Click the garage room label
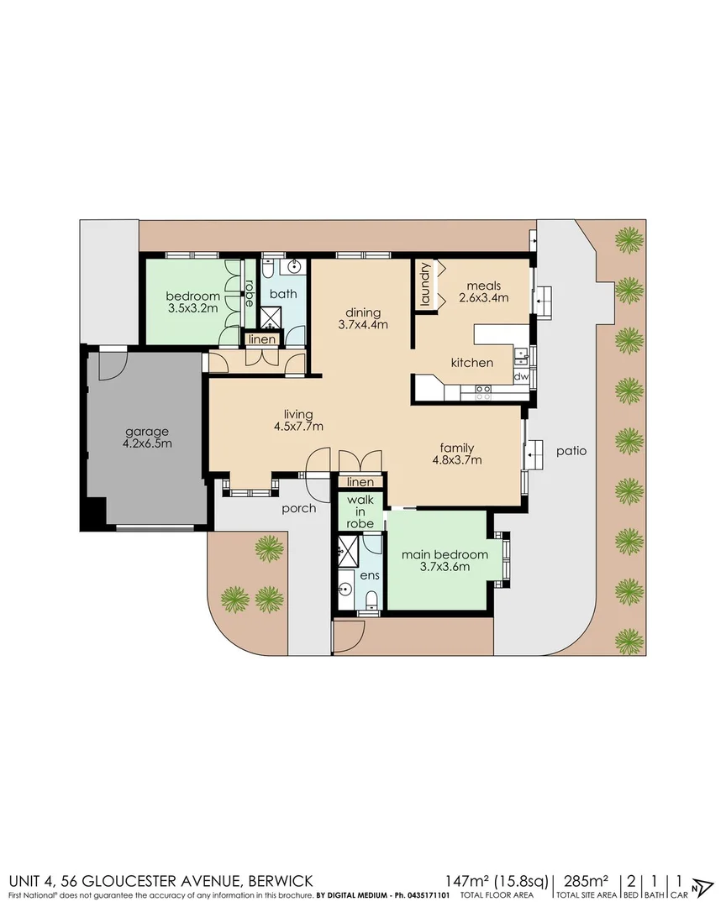click(143, 431)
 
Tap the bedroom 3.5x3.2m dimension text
click(192, 308)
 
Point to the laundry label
click(426, 284)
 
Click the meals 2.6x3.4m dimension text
click(483, 297)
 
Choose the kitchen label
click(471, 363)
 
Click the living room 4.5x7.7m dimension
click(298, 427)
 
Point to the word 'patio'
click(571, 451)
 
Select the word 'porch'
click(299, 508)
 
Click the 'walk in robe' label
click(360, 512)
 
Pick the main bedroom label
click(444, 555)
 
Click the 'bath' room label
click(283, 294)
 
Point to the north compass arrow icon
click(700, 887)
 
